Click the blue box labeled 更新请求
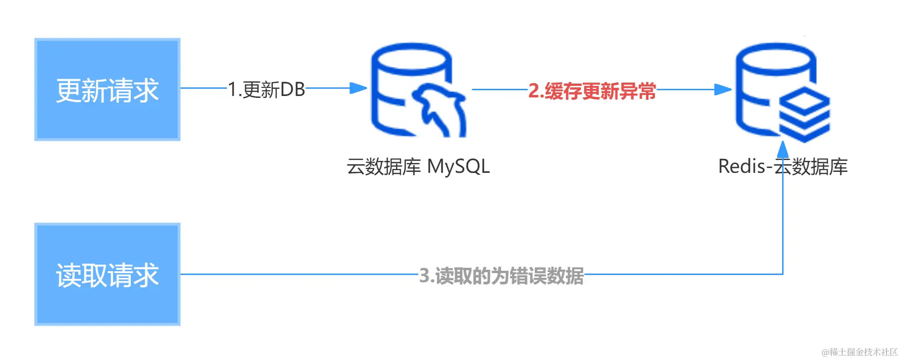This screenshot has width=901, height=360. (x=107, y=90)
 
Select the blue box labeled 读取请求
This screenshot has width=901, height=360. (x=107, y=275)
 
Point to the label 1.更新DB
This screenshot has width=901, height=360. (x=266, y=89)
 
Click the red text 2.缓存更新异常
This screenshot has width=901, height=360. (x=592, y=91)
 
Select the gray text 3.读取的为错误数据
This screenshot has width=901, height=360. (x=501, y=276)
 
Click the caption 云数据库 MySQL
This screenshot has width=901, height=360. (x=418, y=167)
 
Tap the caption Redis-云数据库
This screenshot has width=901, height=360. (x=783, y=167)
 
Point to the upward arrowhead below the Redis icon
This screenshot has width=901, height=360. (x=783, y=149)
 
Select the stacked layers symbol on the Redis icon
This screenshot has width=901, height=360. (x=805, y=116)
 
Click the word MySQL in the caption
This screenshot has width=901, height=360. (x=458, y=167)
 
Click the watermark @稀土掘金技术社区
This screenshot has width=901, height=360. (x=859, y=352)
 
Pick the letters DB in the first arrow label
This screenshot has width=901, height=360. (x=293, y=89)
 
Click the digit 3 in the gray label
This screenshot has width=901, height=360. (x=424, y=275)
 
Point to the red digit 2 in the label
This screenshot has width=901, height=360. (x=533, y=91)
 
